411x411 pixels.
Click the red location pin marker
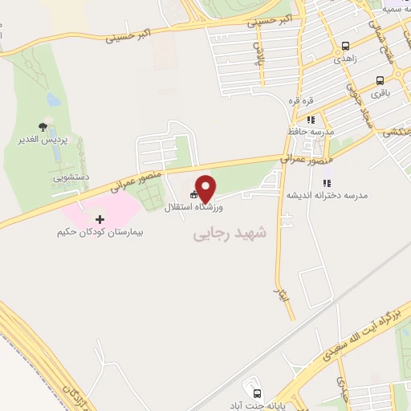[x=206, y=187]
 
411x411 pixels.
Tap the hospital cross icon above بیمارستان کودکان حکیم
[x=100, y=219]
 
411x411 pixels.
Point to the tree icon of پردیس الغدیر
[x=43, y=128]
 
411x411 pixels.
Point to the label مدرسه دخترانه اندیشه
[x=322, y=195]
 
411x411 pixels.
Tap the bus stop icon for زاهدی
[x=345, y=47]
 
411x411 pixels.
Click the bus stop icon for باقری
[x=380, y=81]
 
